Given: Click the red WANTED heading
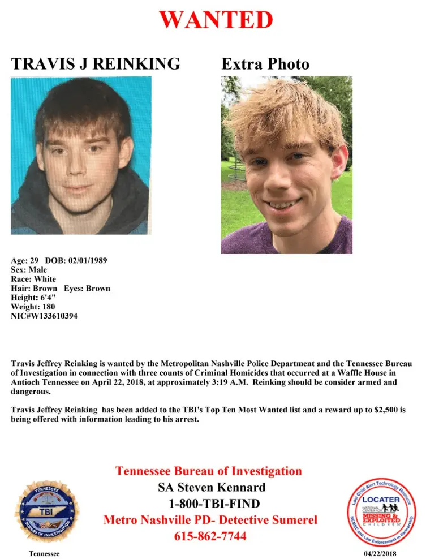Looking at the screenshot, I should click(216, 20).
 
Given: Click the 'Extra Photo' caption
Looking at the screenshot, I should click(265, 64).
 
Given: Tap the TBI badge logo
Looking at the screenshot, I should click(46, 511).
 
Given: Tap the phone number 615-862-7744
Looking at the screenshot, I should click(210, 536).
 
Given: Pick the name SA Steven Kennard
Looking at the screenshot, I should click(210, 487).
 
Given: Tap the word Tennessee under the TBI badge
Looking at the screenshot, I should click(44, 553).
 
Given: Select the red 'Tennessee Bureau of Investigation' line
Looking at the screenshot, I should click(209, 471).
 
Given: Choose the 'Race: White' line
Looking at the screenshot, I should click(33, 279).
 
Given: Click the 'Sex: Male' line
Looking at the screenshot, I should click(29, 270).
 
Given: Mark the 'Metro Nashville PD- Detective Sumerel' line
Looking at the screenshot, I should click(210, 519).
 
